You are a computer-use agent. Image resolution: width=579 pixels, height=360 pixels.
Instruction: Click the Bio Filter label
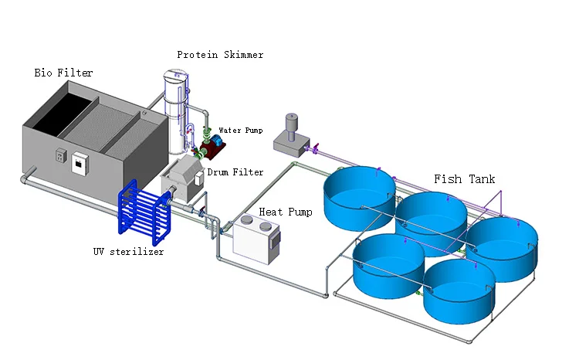tap(63, 73)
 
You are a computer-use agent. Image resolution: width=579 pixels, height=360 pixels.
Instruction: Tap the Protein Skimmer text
tap(219, 54)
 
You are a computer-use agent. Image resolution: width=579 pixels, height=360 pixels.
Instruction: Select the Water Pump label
tap(240, 131)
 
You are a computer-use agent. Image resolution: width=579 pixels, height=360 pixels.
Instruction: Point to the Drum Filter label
tap(235, 172)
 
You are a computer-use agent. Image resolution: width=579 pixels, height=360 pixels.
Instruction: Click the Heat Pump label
tap(286, 212)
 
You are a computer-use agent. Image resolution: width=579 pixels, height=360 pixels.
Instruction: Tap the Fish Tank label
tap(464, 179)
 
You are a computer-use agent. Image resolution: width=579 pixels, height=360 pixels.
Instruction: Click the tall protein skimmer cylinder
tap(176, 108)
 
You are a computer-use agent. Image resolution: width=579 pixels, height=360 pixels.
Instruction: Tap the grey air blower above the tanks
tap(289, 134)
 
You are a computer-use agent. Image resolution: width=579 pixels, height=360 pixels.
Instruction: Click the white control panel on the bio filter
tap(80, 163)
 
